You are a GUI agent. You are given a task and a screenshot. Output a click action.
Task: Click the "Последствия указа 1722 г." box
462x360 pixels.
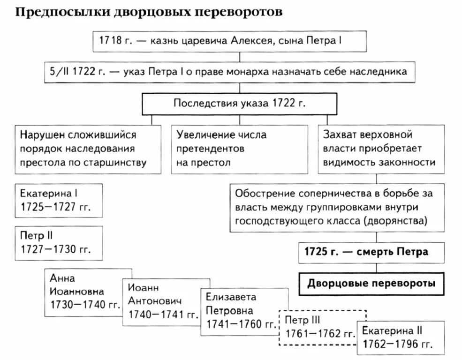(239, 103)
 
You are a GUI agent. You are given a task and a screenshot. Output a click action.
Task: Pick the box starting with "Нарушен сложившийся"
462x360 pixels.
(84, 149)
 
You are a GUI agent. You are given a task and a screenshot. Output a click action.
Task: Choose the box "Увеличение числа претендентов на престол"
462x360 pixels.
(240, 149)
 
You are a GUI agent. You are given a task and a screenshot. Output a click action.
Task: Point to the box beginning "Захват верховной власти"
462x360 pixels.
(381, 149)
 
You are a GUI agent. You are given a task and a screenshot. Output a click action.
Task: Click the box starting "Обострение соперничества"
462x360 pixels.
(337, 207)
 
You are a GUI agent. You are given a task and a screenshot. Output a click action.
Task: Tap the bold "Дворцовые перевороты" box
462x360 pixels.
(372, 284)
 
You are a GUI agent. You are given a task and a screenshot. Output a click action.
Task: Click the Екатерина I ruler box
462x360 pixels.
(59, 200)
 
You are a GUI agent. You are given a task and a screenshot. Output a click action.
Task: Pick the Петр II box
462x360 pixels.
(59, 242)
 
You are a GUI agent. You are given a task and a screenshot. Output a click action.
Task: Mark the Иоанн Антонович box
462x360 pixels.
(160, 302)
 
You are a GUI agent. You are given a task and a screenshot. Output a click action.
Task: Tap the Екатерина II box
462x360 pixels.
(400, 337)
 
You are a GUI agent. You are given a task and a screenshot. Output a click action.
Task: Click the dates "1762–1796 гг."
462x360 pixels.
(397, 345)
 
